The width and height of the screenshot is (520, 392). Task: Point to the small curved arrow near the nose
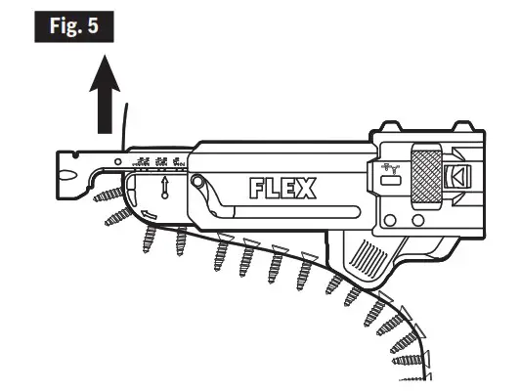[x=149, y=215]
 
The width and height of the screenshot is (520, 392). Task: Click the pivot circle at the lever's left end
[x=199, y=183]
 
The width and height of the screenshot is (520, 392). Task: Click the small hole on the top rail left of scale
[x=118, y=159]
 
